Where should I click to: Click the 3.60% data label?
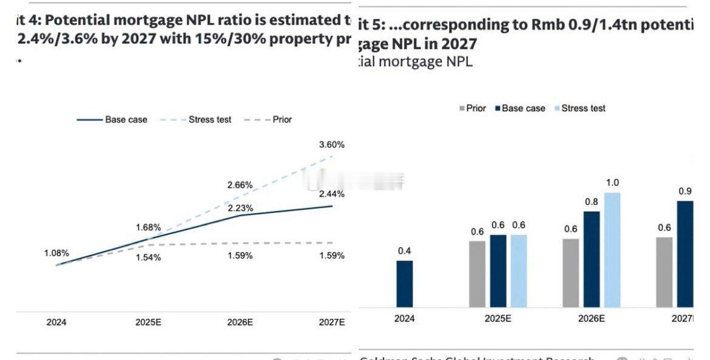click(x=332, y=144)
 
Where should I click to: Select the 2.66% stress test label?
click(x=240, y=185)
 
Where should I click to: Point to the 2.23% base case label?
click(x=240, y=208)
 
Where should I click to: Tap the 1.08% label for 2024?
click(x=56, y=253)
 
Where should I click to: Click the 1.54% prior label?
click(x=148, y=257)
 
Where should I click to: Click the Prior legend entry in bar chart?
click(x=473, y=108)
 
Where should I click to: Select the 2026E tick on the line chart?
click(x=240, y=322)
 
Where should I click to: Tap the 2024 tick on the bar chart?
click(x=405, y=318)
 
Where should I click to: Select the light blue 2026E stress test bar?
click(x=612, y=250)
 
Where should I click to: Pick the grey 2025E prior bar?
click(x=478, y=274)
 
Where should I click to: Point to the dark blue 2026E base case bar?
click(x=592, y=259)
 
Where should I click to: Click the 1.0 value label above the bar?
click(x=612, y=183)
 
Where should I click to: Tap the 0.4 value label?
click(x=405, y=251)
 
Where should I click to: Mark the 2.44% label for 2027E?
click(x=332, y=194)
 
